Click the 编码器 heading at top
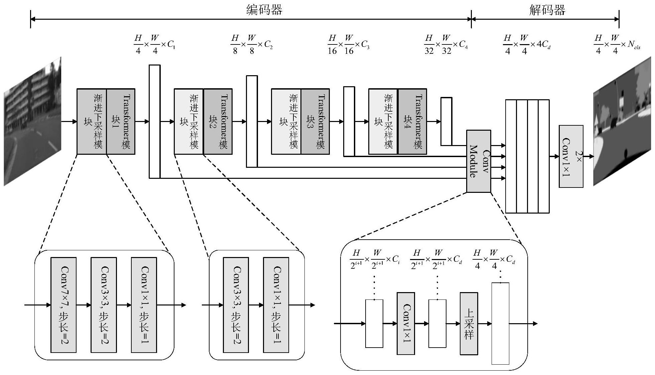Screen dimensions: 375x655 point(264,10)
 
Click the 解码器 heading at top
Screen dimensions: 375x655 point(547,10)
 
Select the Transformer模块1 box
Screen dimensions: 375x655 point(121,121)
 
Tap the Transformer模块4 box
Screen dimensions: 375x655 point(412,121)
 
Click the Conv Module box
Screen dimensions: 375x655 point(479,161)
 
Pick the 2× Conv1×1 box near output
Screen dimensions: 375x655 point(571,156)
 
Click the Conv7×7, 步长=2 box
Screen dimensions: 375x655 point(63,305)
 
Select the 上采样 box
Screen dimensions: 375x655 point(469,324)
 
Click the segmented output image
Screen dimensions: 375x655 point(622,121)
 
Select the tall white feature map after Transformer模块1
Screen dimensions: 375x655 point(154,121)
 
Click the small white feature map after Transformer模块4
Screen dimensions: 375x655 point(446,121)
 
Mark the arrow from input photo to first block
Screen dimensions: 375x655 point(69,121)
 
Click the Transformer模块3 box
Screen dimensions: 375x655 point(315,121)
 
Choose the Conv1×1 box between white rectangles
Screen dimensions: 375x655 point(406,324)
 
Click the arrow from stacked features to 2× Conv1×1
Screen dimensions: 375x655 point(554,156)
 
